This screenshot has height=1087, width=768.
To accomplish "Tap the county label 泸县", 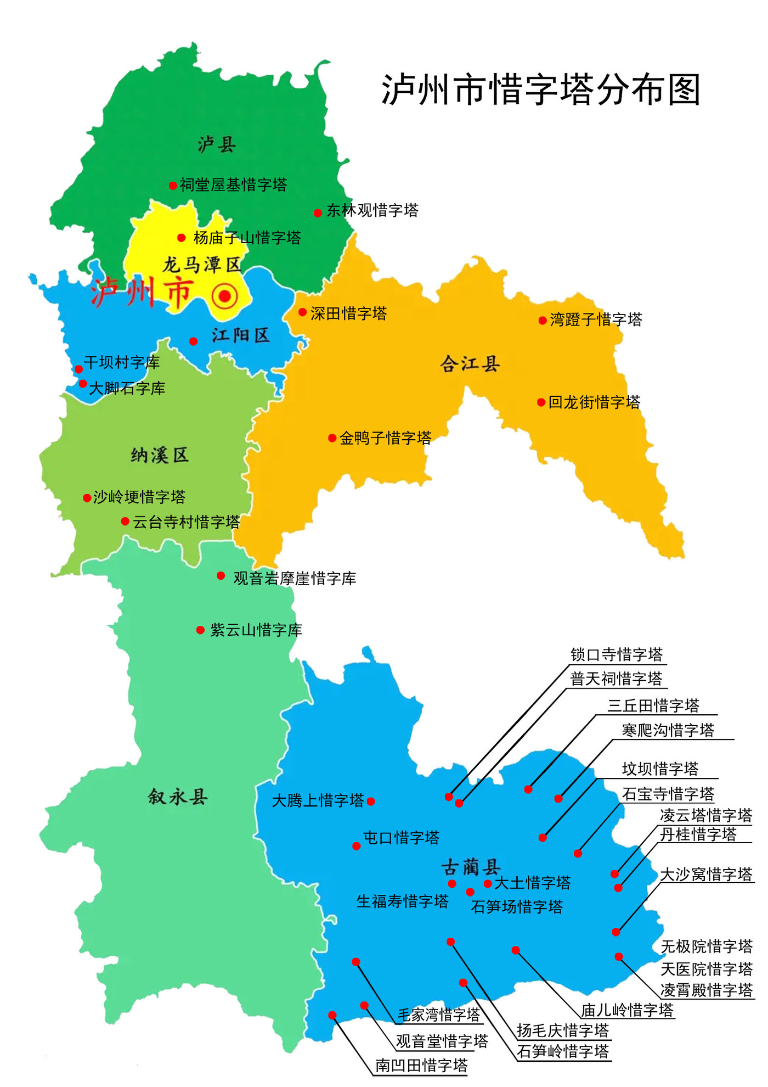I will [x=217, y=145].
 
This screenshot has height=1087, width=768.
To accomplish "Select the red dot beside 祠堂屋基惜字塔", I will [x=173, y=186].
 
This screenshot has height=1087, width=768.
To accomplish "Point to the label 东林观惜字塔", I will [x=372, y=210].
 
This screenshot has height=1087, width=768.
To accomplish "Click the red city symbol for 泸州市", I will [x=224, y=296].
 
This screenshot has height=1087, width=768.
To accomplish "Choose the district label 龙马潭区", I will [x=202, y=265].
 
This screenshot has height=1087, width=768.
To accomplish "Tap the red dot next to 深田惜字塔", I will [x=302, y=312].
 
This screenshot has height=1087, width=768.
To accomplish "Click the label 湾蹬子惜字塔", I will [x=596, y=320].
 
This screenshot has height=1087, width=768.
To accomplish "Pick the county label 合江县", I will [x=470, y=363].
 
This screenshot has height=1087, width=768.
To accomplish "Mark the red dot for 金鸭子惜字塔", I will [x=332, y=438].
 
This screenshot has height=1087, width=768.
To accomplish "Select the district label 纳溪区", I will [x=160, y=455].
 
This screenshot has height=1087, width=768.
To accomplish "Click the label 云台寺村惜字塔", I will [x=187, y=522].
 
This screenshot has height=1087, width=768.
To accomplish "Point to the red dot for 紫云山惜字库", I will [x=201, y=630].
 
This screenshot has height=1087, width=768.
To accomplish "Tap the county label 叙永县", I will [x=177, y=797].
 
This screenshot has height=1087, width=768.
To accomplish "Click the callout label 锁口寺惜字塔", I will [x=617, y=654].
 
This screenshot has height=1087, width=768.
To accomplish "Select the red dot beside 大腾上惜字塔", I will [x=371, y=802].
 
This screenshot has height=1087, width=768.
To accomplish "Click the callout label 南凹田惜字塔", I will [x=421, y=1065].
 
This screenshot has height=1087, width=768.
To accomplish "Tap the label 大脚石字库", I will [x=127, y=388].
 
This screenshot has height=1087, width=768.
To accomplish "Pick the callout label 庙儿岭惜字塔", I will [x=627, y=1010].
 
